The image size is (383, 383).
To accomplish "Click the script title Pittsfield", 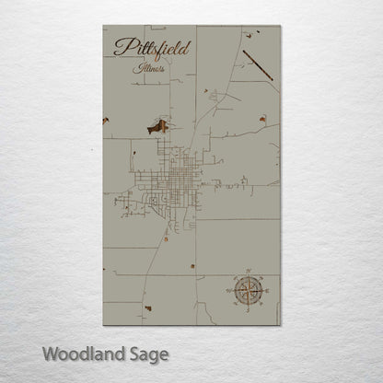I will [151, 49].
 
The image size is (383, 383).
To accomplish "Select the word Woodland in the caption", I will [78, 353].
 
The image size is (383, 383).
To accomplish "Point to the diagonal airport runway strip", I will [258, 65].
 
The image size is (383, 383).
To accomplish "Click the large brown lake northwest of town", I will [159, 126].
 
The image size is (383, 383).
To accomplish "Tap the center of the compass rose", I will [248, 291].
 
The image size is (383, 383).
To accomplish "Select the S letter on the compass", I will [248, 312].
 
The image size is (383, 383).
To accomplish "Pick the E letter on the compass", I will [268, 291].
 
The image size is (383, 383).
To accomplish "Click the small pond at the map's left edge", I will [106, 120].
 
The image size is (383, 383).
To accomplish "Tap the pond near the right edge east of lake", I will [262, 119].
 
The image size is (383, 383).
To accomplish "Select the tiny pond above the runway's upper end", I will [247, 36].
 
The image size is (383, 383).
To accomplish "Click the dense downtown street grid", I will [175, 175].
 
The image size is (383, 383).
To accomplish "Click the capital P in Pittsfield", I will [121, 49].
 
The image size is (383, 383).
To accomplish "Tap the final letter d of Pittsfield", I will [188, 46].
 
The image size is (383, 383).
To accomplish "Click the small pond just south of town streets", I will [166, 239].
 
